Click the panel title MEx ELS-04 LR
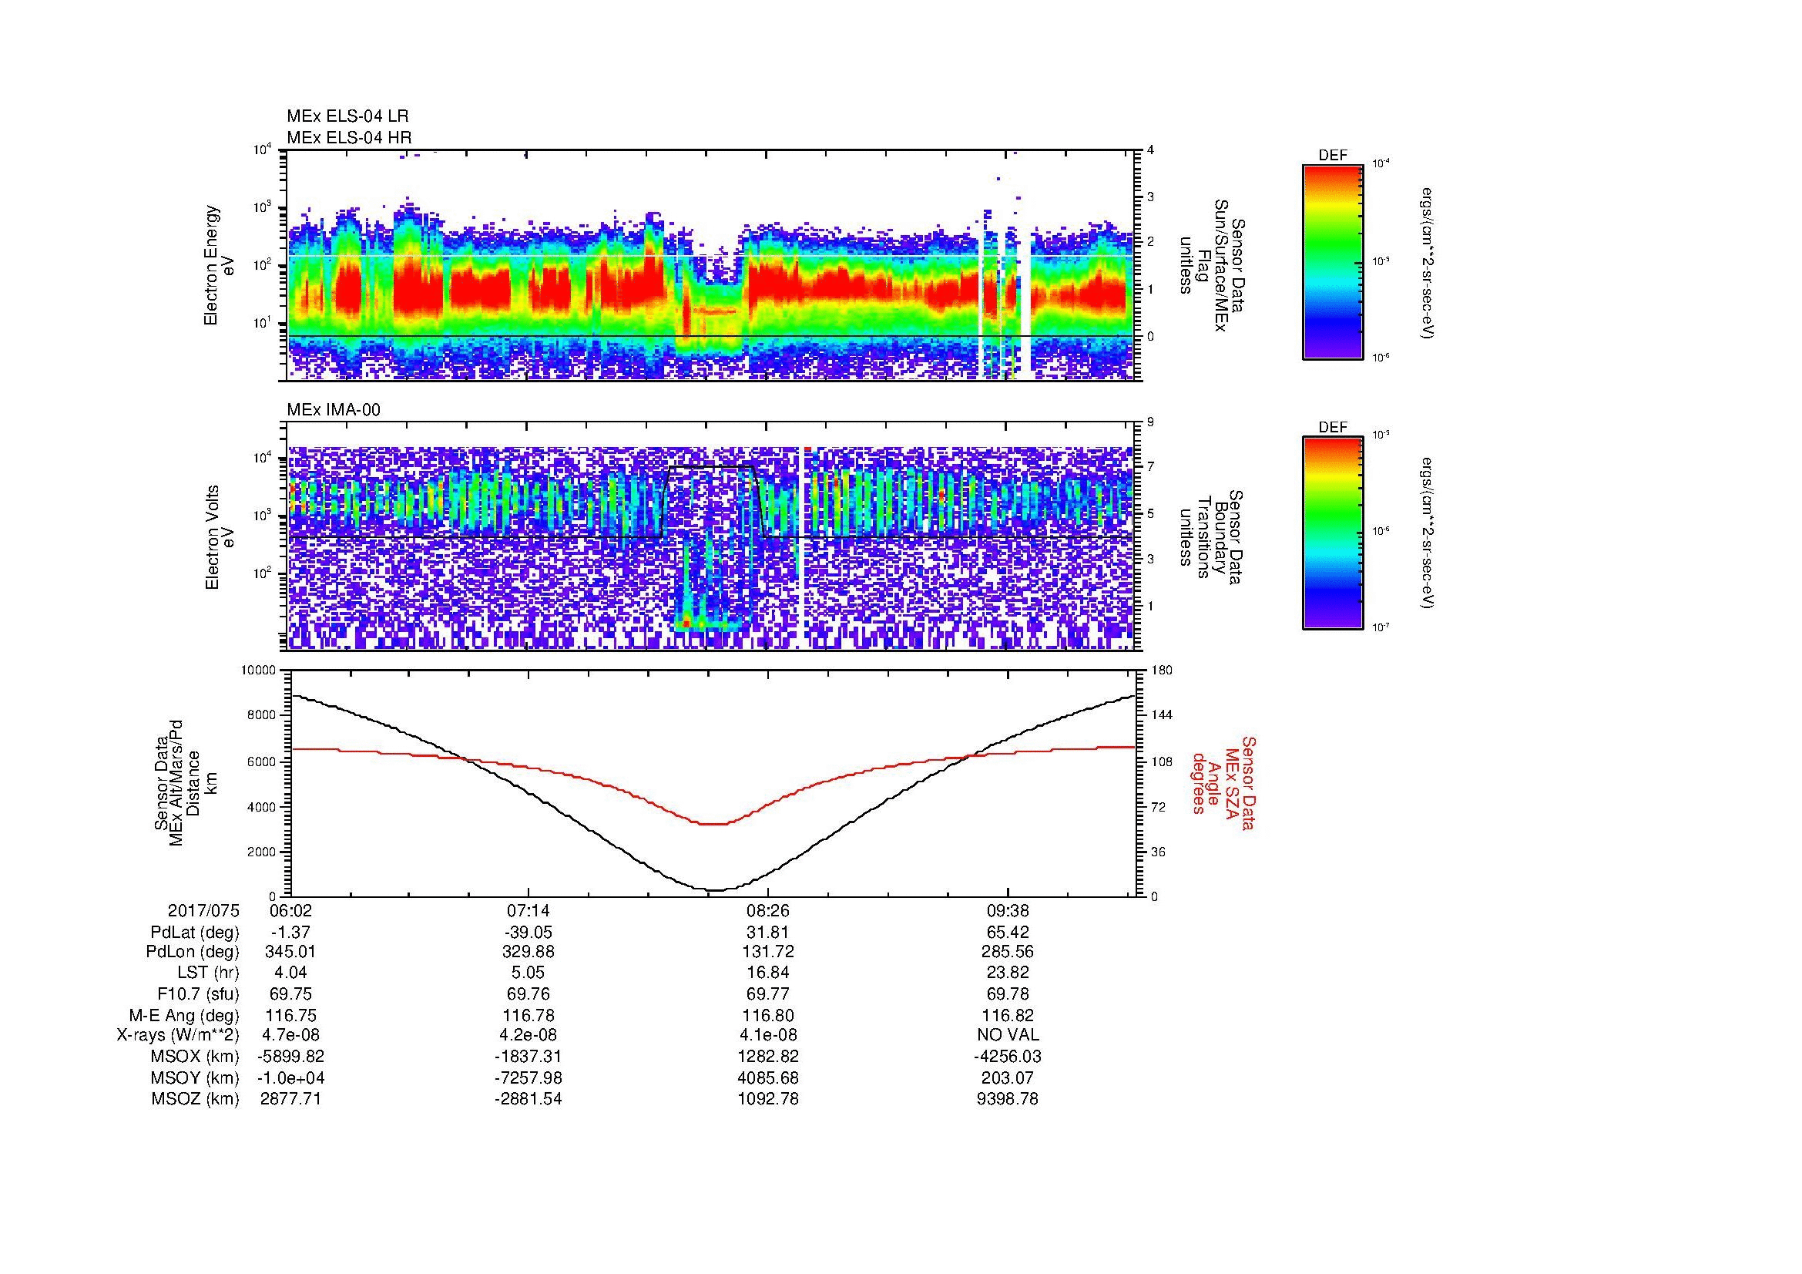347,116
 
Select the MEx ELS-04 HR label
348,138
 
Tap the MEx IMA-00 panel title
333,410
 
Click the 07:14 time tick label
529,911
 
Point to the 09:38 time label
1007,911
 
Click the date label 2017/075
203,911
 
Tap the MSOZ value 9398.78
1007,1099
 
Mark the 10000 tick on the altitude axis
257,671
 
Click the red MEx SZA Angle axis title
1223,782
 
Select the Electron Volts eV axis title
220,537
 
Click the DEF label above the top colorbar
1332,156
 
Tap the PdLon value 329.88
529,952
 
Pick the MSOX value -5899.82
290,1057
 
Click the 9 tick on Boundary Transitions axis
1151,422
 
